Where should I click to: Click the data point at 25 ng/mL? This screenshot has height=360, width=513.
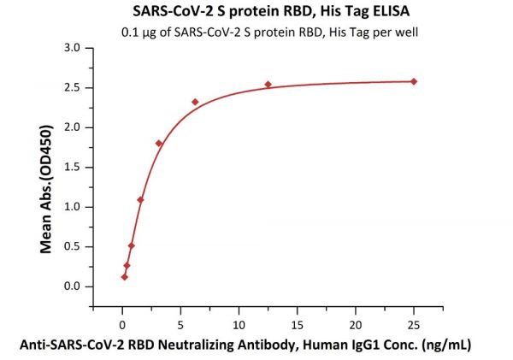414,81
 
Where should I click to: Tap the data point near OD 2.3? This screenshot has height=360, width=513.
195,102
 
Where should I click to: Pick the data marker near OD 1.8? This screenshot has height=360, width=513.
159,143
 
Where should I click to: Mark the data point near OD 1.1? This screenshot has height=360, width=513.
140,200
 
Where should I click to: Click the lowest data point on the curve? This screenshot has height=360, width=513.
124,276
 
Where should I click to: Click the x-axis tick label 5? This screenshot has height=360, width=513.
180,324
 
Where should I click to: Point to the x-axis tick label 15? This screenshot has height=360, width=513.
297,324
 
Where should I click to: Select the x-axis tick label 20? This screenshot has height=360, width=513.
356,324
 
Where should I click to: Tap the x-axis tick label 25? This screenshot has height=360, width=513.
414,324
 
